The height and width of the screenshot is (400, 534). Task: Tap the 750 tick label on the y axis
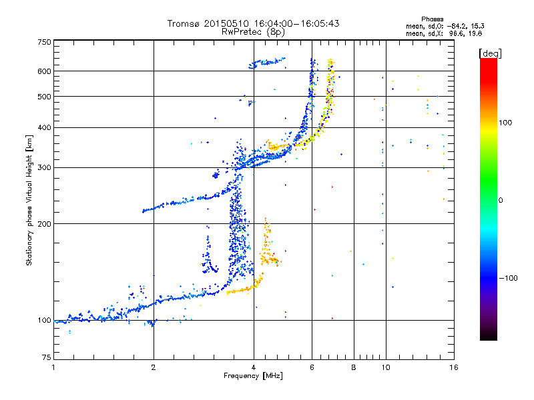coord(44,42)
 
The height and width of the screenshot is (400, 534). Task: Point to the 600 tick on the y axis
coord(44,71)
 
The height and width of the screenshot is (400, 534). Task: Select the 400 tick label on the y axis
coord(44,127)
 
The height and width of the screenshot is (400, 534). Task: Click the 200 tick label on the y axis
coord(44,223)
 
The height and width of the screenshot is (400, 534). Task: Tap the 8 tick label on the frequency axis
coord(354,367)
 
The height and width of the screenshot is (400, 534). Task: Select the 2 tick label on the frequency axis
coord(154,367)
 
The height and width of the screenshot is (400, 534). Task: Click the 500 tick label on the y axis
coord(44,96)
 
